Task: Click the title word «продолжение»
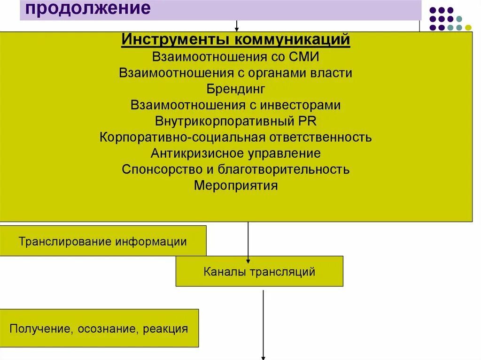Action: [x=88, y=9]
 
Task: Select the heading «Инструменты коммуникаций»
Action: [x=236, y=40]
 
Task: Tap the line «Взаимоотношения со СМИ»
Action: [x=236, y=57]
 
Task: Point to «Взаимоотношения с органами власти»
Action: [x=236, y=73]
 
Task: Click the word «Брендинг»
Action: [x=236, y=89]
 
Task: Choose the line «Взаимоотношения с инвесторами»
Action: [x=236, y=105]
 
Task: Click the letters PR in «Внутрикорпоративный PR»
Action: [x=307, y=121]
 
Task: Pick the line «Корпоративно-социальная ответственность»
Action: [x=236, y=138]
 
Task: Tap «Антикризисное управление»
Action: [x=236, y=153]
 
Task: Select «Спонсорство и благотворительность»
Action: [x=236, y=169]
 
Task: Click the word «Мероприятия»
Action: [x=236, y=185]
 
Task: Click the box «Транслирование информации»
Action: [x=103, y=241]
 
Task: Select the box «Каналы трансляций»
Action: [x=259, y=271]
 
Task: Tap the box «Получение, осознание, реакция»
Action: [x=99, y=329]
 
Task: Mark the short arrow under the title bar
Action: [x=237, y=26]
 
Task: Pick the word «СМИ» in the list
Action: [x=305, y=57]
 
